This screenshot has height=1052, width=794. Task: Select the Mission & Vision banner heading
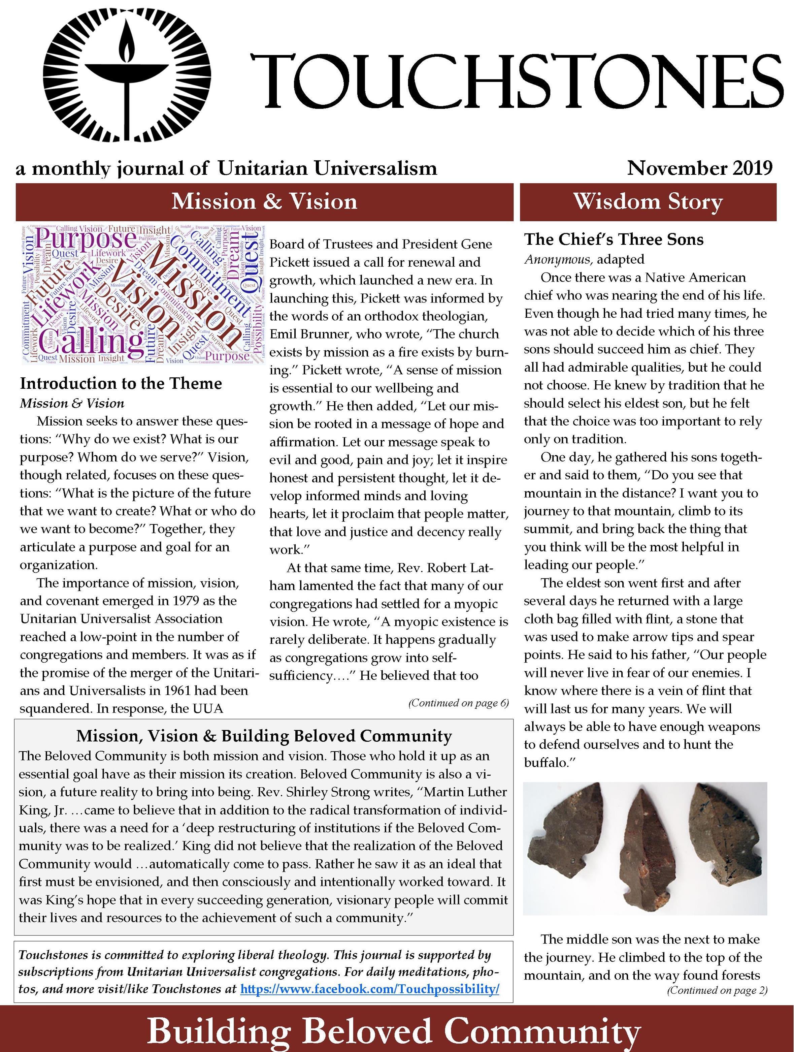[x=264, y=202]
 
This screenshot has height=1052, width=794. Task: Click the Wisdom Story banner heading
[x=648, y=202]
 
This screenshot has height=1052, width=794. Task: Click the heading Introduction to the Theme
[x=121, y=383]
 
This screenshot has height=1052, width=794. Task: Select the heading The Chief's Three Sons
[x=613, y=239]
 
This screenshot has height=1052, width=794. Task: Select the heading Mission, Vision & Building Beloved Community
[x=264, y=736]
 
